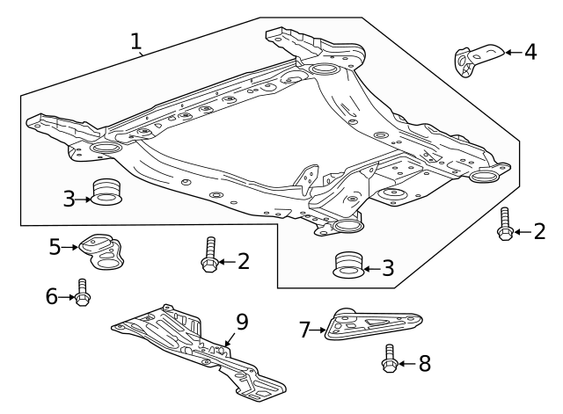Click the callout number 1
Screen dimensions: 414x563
(x=135, y=40)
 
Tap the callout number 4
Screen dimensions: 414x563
(x=530, y=52)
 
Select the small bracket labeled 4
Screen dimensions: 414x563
(x=473, y=58)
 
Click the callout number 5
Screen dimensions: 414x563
(x=55, y=247)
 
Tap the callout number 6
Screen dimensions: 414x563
(x=52, y=297)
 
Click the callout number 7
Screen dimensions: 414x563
(x=305, y=330)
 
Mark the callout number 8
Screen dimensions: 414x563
(x=424, y=363)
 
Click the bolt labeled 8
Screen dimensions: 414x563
(x=389, y=359)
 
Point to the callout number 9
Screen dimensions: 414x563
(x=242, y=322)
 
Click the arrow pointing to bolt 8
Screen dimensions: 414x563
(x=406, y=363)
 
